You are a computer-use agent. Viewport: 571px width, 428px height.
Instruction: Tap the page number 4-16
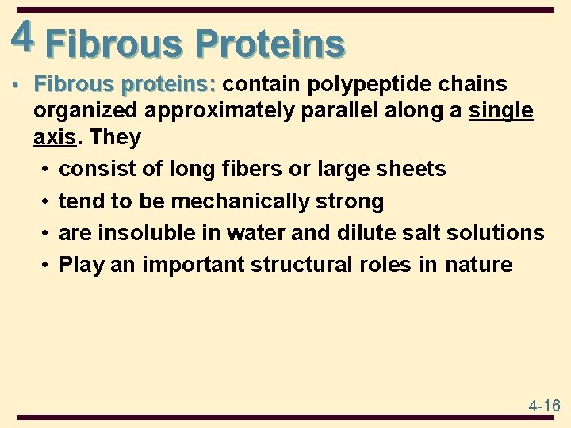click(544, 406)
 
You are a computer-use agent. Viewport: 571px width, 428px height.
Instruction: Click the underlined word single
click(501, 111)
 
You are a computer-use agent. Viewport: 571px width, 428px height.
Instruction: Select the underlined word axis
click(54, 137)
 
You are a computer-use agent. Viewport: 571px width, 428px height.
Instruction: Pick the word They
click(116, 137)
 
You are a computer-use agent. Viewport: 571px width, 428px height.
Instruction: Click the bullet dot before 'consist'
click(47, 170)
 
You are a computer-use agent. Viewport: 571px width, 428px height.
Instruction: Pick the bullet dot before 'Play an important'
click(47, 265)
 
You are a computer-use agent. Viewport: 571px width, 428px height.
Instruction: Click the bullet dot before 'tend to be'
click(47, 201)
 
